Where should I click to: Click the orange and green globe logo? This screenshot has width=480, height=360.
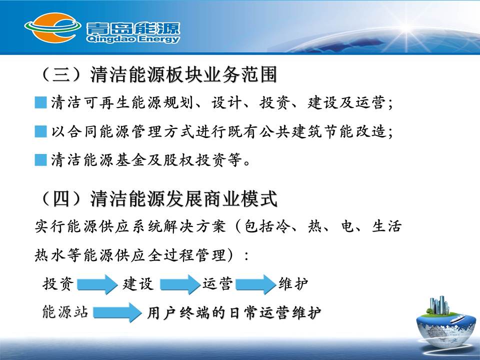[52, 27]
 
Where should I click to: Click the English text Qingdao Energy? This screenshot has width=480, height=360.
[132, 39]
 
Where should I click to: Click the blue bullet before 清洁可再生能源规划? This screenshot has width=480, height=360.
[40, 102]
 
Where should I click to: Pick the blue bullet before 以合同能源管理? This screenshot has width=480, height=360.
[40, 131]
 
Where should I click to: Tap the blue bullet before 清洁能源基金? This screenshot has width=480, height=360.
[40, 160]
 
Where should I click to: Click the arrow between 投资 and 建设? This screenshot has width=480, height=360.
[97, 284]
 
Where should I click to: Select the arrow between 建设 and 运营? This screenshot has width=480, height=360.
[180, 284]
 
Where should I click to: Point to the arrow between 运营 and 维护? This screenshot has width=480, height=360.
[255, 284]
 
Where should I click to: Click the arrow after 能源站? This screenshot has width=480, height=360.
[117, 312]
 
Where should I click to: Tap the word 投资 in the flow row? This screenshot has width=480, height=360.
[58, 284]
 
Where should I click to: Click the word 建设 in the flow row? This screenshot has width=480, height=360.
[138, 284]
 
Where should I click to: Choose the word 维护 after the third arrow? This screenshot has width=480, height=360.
[293, 284]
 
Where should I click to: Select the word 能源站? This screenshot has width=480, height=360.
[65, 312]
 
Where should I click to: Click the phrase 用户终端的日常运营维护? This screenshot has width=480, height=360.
[234, 313]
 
